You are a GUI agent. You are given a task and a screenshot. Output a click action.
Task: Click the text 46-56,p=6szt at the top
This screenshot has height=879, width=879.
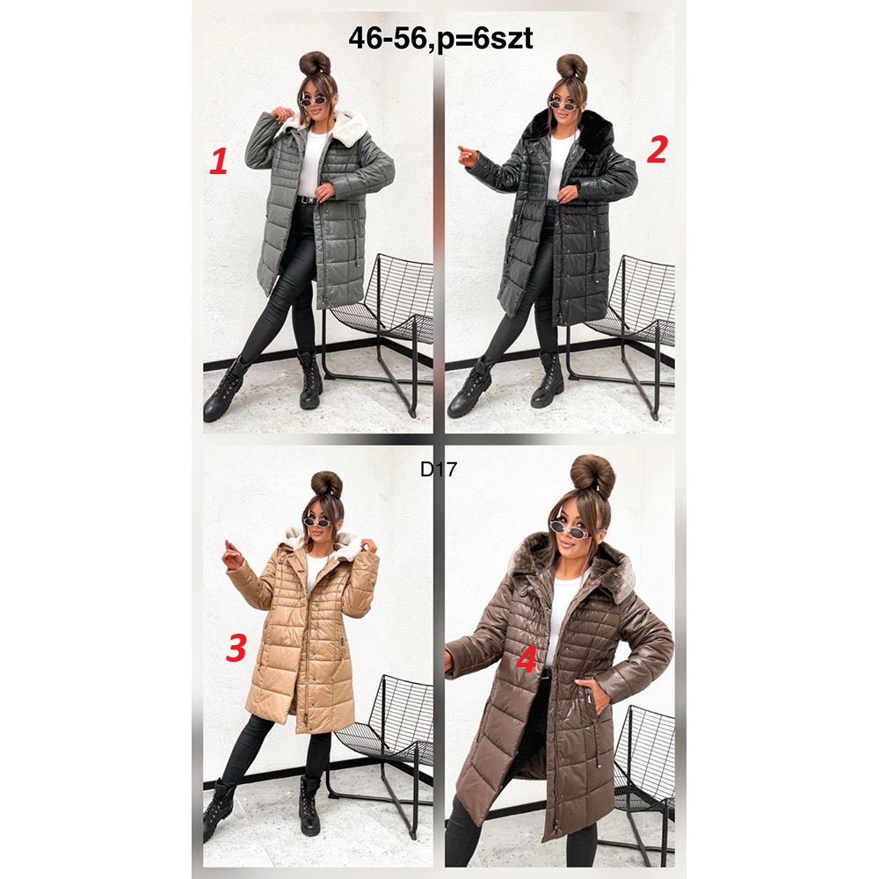[440, 39]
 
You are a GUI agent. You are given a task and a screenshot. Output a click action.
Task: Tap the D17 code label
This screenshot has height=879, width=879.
[439, 469]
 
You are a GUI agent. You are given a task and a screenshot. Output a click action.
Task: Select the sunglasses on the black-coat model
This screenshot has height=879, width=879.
[563, 105]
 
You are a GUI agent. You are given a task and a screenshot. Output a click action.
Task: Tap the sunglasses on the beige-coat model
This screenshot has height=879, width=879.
[317, 522]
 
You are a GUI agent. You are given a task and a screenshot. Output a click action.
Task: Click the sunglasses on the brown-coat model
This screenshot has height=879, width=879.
[568, 528]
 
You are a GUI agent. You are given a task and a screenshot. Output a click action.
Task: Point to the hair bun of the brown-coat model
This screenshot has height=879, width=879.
[592, 477]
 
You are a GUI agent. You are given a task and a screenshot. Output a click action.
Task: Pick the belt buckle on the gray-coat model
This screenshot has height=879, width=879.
[305, 199]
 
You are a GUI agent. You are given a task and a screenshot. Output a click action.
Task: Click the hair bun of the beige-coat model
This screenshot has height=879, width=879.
[327, 483]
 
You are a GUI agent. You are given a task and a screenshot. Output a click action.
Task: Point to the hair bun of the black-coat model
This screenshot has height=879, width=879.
[571, 67]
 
